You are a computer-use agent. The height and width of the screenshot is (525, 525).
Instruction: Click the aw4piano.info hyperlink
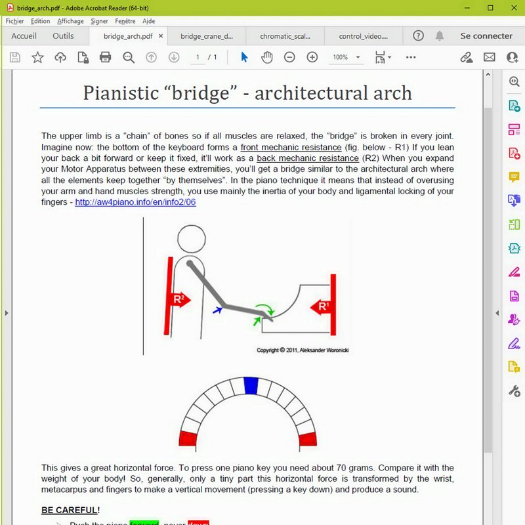(135, 202)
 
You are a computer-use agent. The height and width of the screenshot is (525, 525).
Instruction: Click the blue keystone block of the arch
(250, 385)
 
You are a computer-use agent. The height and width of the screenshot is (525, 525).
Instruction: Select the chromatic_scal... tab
(285, 36)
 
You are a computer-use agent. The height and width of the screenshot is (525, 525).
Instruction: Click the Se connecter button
(486, 36)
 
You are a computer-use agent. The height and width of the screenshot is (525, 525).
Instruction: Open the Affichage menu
(70, 21)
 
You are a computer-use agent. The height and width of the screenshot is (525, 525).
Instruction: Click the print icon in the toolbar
(105, 57)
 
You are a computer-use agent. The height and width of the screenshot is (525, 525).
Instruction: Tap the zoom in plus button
(312, 57)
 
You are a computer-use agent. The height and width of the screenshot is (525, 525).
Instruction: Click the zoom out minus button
(289, 57)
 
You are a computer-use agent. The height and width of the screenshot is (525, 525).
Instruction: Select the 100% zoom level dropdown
(346, 57)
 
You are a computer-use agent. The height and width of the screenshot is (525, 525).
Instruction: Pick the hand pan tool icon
(266, 57)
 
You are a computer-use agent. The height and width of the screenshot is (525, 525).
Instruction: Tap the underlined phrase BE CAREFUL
(70, 509)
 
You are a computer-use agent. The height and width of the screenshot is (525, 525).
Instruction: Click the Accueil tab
(24, 36)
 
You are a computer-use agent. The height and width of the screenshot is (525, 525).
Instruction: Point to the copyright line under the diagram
(303, 350)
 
